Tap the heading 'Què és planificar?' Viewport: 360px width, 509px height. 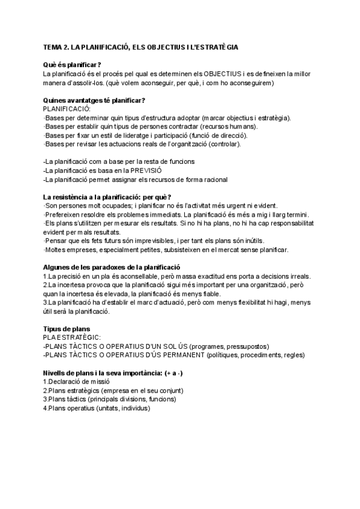point(72,65)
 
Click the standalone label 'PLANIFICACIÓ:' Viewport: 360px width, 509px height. point(67,109)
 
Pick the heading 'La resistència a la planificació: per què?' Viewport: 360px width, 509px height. point(107,197)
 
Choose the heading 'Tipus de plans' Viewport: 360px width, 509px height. point(67,330)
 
